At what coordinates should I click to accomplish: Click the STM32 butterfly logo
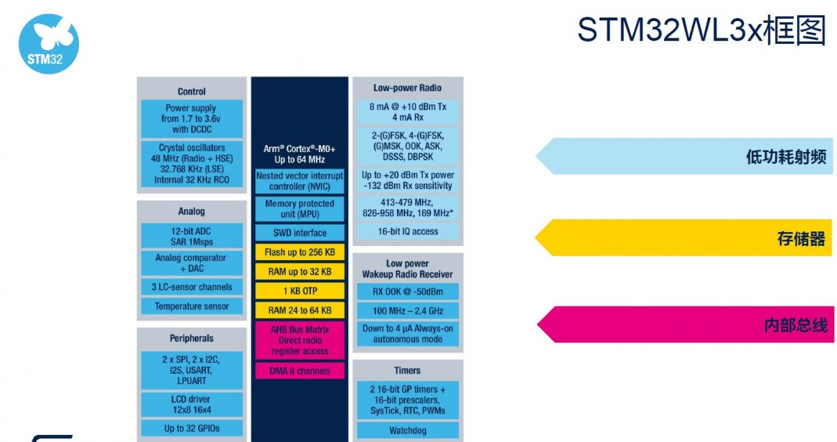pyautogui.click(x=48, y=43)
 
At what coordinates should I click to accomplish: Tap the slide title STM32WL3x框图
pyautogui.click(x=701, y=31)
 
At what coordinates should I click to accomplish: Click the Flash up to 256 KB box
pyautogui.click(x=300, y=252)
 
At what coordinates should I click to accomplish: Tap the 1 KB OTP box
pyautogui.click(x=300, y=291)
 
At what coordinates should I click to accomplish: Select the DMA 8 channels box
pyautogui.click(x=300, y=371)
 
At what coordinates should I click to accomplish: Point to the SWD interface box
pyautogui.click(x=300, y=233)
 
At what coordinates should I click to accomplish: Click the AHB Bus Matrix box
pyautogui.click(x=300, y=340)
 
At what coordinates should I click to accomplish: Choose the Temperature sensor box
pyautogui.click(x=192, y=306)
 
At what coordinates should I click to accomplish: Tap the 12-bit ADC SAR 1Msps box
pyautogui.click(x=192, y=236)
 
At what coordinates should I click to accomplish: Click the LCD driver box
pyautogui.click(x=192, y=404)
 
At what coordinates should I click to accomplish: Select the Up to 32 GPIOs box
pyautogui.click(x=192, y=428)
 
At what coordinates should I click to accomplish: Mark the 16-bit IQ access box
pyautogui.click(x=408, y=231)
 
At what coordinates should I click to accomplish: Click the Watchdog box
pyautogui.click(x=408, y=431)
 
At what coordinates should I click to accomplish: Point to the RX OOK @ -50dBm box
pyautogui.click(x=408, y=291)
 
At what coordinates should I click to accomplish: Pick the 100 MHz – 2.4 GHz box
pyautogui.click(x=408, y=311)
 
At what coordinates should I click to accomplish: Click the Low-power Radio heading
pyautogui.click(x=407, y=88)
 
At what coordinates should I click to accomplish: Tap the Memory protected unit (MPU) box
pyautogui.click(x=300, y=208)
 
